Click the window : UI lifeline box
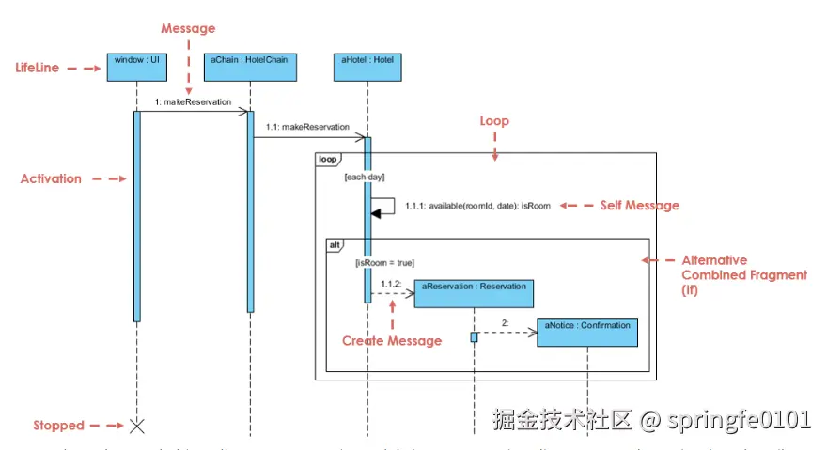[x=136, y=67]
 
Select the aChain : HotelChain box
[x=250, y=67]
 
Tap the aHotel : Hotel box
[x=367, y=67]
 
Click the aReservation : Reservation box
[x=475, y=293]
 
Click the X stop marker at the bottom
[x=136, y=426]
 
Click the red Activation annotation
[x=51, y=178]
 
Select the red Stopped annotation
[x=58, y=426]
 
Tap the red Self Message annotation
[x=639, y=205]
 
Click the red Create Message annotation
[x=391, y=341]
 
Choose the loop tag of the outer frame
[x=327, y=160]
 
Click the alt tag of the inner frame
[x=335, y=245]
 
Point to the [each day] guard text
[x=364, y=177]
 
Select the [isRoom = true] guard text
[x=384, y=263]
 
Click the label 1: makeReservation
[x=193, y=102]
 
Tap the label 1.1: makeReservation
[x=307, y=126]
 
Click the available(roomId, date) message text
[x=477, y=206]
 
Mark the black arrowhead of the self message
[x=375, y=213]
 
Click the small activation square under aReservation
[x=475, y=336]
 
